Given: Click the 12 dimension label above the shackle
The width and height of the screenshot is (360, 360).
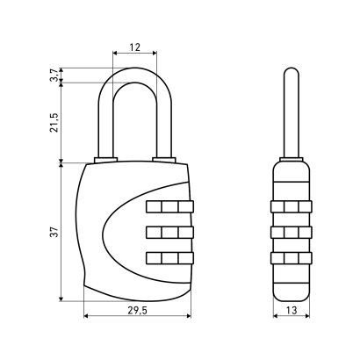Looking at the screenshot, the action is point(135,47).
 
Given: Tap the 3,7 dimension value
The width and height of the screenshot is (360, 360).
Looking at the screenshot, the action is point(54,76).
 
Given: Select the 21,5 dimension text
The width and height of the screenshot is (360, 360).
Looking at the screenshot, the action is point(54,123).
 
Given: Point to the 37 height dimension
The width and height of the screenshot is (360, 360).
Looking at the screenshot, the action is point(54,232).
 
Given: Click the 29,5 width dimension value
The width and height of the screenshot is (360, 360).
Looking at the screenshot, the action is point(137,310).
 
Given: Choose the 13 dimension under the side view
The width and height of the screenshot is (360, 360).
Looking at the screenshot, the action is point(292,310).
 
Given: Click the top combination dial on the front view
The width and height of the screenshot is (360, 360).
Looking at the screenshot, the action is point(169,206).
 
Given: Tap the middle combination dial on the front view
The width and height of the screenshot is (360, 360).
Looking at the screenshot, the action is point(169,233).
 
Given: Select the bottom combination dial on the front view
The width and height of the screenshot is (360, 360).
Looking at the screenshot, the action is point(169,258).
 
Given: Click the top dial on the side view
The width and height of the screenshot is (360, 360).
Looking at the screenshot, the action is point(292,206).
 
